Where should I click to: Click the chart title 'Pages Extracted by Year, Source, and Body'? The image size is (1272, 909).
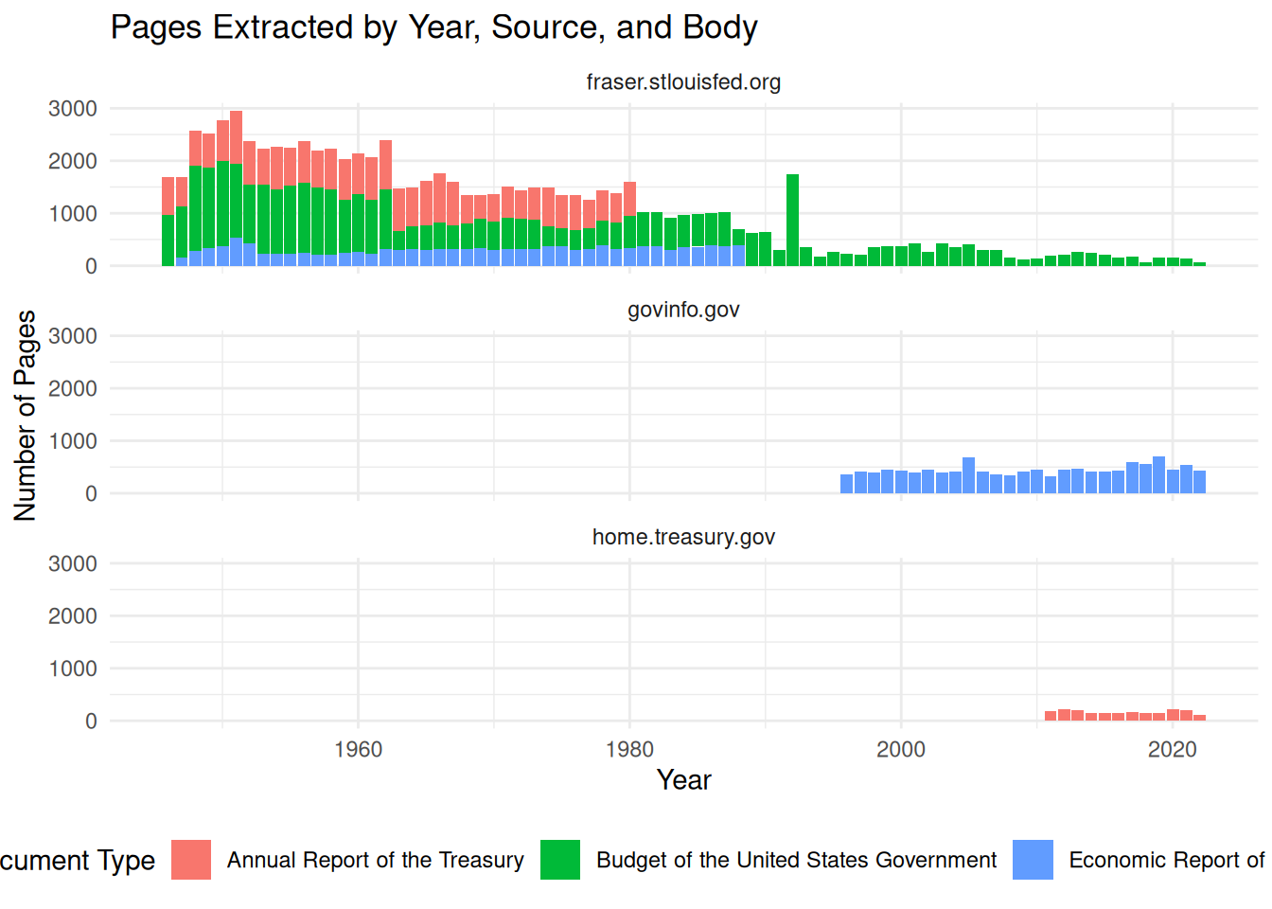433,27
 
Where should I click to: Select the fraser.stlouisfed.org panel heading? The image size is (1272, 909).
683,82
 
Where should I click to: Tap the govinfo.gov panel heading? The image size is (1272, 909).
683,310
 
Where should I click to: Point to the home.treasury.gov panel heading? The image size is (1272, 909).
683,537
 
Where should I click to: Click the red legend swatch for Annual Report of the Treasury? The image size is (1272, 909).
191,860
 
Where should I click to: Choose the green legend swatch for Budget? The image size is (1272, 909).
560,860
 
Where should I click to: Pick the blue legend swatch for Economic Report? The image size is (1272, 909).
1033,860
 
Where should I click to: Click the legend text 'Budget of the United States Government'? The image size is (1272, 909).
796,860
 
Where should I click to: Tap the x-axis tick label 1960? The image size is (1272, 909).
359,750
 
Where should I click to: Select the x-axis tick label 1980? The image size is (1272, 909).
629,750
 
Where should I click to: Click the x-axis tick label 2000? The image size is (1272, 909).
901,750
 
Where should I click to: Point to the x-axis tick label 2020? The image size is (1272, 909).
1173,750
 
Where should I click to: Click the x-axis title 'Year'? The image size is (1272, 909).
683,780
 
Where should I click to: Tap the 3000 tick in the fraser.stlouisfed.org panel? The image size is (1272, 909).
73,109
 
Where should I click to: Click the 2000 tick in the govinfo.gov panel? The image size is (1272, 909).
73,388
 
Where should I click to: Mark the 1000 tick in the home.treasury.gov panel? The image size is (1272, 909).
73,668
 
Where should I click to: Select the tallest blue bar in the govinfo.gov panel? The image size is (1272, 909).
1158,474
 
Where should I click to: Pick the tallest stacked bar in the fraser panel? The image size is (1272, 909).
237,188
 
